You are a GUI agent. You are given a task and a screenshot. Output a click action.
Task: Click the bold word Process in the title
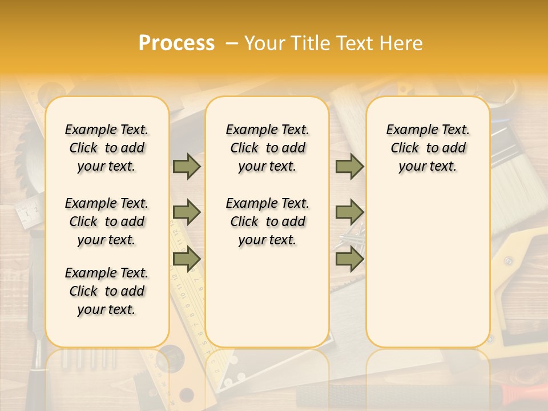pos(176,43)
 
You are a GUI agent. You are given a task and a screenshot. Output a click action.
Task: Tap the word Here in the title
pos(402,43)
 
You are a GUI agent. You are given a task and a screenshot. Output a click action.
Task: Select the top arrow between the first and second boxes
pos(187,166)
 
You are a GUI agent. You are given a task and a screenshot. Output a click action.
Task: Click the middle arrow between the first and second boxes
pos(187,212)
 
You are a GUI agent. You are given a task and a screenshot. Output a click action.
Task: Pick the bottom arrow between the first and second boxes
pos(187,259)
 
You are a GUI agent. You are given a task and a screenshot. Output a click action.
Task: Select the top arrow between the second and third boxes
pos(349,166)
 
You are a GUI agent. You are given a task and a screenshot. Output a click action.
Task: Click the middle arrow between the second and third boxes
pos(349,212)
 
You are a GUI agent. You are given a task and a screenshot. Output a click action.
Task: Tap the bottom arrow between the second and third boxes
pos(349,259)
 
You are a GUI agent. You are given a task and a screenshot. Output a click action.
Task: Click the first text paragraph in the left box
pos(107,148)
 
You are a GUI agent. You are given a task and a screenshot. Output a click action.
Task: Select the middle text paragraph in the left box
pos(107,221)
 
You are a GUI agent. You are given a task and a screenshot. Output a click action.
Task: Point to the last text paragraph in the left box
pos(107,291)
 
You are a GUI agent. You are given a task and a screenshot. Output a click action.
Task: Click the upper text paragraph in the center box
pos(267,148)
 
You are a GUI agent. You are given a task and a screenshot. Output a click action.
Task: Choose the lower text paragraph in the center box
pos(267,221)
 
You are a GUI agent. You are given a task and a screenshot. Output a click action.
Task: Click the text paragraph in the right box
pos(428,148)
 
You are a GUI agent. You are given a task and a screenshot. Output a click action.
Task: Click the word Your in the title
pos(265,43)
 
